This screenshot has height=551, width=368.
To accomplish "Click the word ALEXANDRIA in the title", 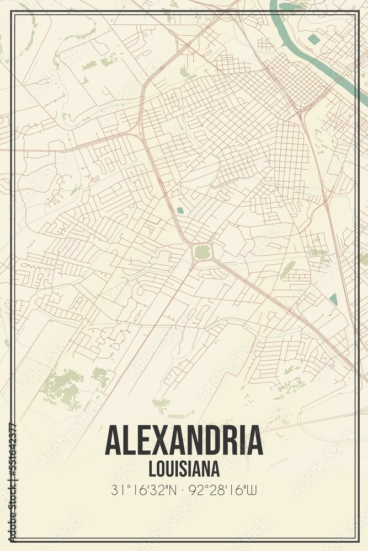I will [x=184, y=441].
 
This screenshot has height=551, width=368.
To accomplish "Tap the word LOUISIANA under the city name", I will [x=184, y=468].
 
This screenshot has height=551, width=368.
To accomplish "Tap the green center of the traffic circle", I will [x=202, y=252].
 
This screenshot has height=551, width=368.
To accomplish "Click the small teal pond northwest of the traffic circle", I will [x=180, y=210].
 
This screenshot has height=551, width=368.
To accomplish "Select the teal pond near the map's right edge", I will [x=333, y=299].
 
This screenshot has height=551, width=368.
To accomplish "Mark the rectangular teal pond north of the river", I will [x=314, y=39].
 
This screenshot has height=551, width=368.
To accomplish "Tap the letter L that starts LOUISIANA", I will [x=152, y=468].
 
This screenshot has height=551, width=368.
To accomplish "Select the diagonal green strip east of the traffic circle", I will [x=287, y=269].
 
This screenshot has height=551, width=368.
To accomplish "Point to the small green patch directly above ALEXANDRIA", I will [x=161, y=405].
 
